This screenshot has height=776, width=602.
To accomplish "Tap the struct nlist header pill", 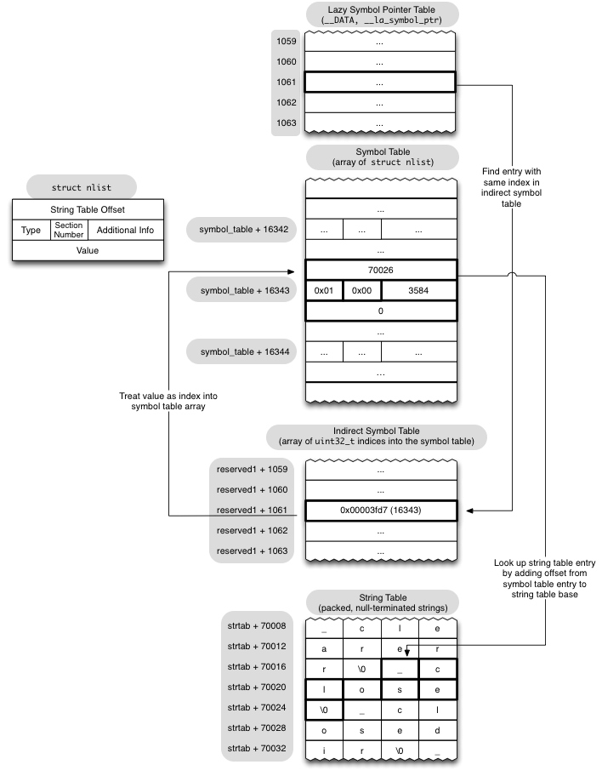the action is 82,187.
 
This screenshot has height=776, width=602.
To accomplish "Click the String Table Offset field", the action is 88,209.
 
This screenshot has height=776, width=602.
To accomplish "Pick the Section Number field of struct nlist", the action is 69,230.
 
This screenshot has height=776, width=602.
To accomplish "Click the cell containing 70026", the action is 380,270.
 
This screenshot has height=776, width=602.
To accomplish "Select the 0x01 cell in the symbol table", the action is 324,291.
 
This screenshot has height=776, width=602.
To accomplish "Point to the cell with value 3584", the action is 418,291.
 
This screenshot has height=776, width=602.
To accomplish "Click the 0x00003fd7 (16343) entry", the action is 380,511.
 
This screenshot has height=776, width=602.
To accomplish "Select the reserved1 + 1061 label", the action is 253,511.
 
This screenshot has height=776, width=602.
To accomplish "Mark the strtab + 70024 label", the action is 256,708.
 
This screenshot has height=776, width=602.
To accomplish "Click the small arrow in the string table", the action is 407,652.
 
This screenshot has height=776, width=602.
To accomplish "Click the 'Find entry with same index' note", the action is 511,187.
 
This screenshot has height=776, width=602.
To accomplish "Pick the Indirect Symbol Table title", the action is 378,436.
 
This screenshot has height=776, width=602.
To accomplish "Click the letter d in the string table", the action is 437,729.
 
